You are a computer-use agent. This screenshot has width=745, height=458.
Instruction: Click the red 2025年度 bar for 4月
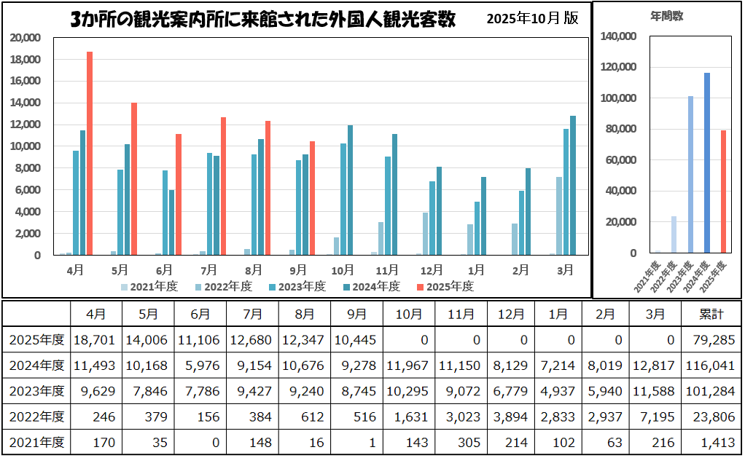point(90,153)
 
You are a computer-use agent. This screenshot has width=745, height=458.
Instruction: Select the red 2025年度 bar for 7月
point(224,186)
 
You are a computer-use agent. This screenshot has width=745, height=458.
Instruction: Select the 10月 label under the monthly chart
point(342,269)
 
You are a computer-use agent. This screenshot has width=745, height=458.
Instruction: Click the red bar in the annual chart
point(723,192)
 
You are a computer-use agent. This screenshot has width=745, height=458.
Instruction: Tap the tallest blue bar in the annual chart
point(706,162)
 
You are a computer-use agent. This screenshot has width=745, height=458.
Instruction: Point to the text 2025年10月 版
point(533,19)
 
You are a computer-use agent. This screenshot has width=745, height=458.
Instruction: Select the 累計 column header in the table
point(711,315)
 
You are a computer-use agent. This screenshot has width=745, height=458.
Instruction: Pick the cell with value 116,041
point(711,365)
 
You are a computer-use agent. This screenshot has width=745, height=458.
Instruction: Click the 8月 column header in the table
point(305,315)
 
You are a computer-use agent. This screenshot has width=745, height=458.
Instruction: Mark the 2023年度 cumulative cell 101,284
point(711,390)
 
